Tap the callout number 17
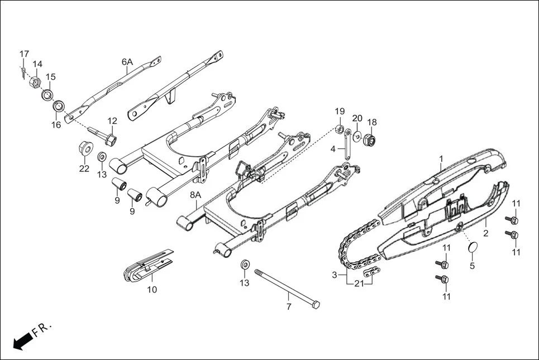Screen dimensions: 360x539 tap(24, 54)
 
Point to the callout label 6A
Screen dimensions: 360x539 tap(127, 62)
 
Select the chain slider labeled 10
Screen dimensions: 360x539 tap(146, 267)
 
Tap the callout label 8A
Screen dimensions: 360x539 tap(195, 195)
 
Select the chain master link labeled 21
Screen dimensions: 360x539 tap(369, 273)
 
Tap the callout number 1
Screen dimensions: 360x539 tap(441, 159)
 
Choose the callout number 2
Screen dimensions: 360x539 tap(485, 233)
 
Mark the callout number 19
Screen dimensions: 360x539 tap(340, 111)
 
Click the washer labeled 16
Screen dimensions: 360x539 tap(58, 106)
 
